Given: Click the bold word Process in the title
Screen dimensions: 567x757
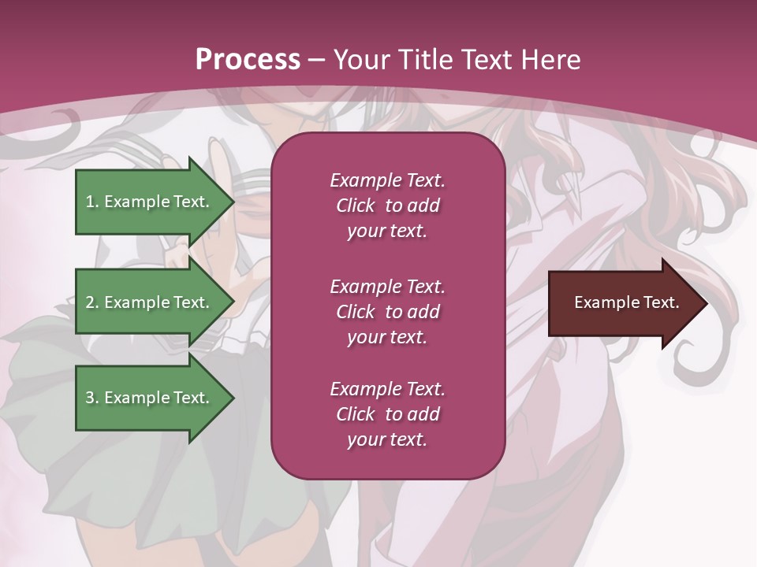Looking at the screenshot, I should click(x=248, y=60).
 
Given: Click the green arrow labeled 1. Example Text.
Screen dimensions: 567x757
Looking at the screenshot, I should click(x=150, y=202).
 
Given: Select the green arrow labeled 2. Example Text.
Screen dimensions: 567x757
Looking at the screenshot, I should click(x=150, y=302).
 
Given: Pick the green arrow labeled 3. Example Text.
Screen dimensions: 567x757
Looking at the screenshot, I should click(x=150, y=398).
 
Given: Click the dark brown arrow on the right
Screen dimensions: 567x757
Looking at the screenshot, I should click(x=623, y=303).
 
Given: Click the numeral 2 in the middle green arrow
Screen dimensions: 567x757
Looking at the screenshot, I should click(x=90, y=302).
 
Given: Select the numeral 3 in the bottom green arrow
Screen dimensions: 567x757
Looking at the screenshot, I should click(x=90, y=398).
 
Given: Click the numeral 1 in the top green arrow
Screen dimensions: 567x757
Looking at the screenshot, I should click(x=90, y=202).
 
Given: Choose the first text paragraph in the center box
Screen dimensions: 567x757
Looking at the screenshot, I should click(x=387, y=206).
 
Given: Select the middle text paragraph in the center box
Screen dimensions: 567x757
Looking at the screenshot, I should click(x=387, y=312).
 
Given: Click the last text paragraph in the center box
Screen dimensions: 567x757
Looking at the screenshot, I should click(x=387, y=414).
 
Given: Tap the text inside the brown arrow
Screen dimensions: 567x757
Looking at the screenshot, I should click(x=626, y=302).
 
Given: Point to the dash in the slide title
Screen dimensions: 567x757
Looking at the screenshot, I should click(x=316, y=61).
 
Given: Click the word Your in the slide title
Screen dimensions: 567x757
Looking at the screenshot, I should click(x=362, y=60).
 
